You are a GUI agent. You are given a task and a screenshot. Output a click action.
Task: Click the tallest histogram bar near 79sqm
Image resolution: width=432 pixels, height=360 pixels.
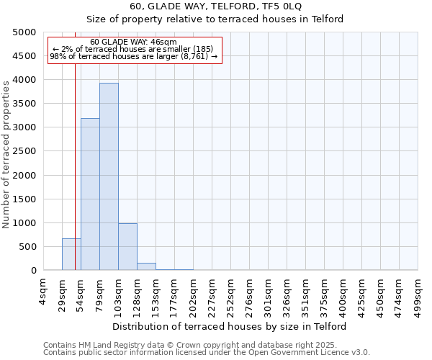[x=109, y=176]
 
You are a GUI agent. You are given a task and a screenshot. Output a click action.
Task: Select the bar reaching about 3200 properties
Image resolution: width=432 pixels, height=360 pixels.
[x=90, y=194]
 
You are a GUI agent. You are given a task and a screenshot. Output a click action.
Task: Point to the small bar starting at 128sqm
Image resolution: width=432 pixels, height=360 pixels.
[x=146, y=266]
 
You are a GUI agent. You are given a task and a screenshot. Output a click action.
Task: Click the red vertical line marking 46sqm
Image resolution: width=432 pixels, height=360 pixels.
[x=75, y=166]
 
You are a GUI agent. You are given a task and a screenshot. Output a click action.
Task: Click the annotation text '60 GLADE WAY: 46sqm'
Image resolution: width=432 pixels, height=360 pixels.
[x=134, y=42]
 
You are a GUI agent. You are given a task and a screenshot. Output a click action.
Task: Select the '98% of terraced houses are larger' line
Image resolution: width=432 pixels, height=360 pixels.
[x=134, y=55]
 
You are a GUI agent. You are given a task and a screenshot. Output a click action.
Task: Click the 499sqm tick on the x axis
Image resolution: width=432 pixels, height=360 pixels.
[x=418, y=295]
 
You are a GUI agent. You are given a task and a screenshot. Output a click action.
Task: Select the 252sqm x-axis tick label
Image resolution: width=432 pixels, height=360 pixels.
[x=231, y=295]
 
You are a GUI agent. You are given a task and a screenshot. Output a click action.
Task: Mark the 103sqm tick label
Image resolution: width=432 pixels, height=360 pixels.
[x=119, y=295]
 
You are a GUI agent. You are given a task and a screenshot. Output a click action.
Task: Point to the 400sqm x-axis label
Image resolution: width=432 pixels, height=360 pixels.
[x=343, y=295]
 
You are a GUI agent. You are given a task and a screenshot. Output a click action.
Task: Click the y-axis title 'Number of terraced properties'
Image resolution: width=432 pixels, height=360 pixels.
[x=6, y=154]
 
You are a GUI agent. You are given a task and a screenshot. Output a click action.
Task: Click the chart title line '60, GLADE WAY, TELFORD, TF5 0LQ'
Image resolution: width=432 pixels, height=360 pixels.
[x=217, y=6]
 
